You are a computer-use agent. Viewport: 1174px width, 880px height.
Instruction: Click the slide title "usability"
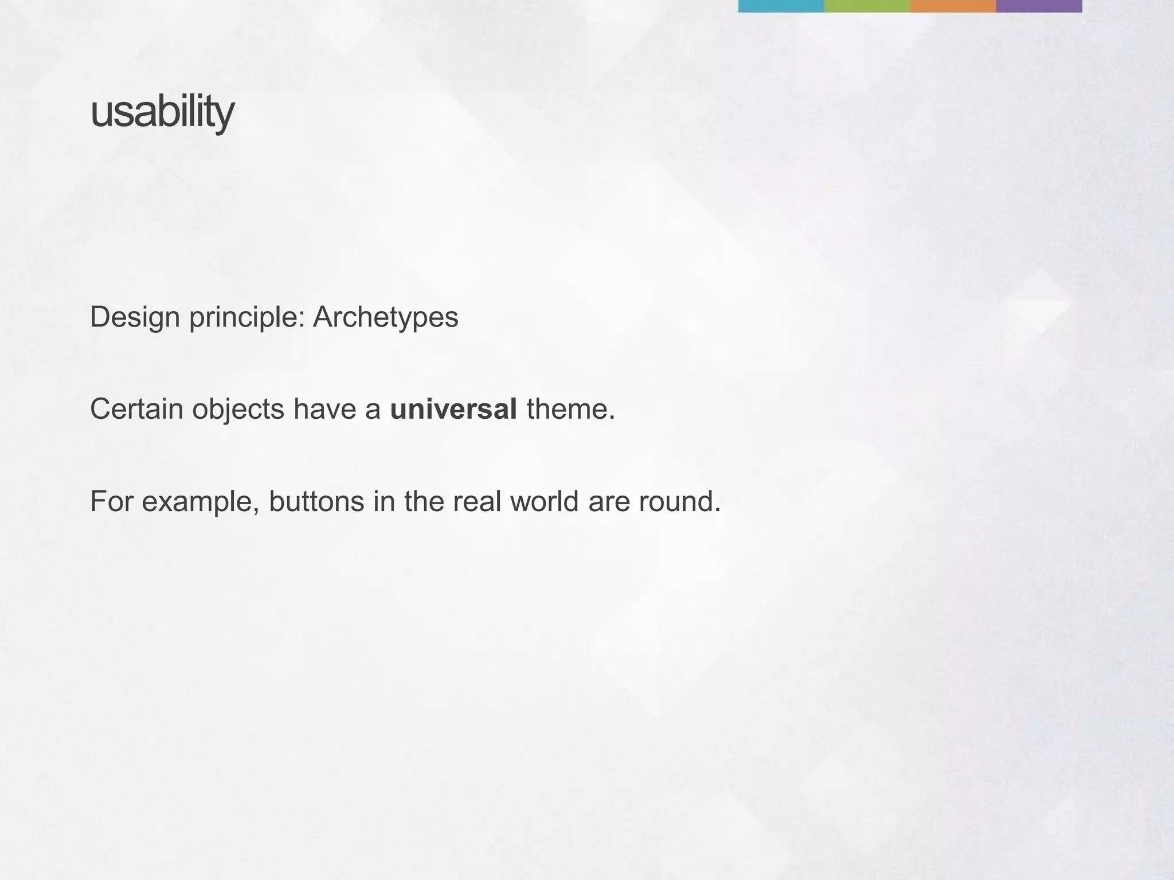162,113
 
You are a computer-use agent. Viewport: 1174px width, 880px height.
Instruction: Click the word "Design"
135,317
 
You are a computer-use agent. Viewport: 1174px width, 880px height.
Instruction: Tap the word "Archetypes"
385,317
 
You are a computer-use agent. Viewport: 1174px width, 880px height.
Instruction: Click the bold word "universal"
453,409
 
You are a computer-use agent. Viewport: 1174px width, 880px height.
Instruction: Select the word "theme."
570,409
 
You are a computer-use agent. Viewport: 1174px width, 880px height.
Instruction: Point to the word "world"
544,501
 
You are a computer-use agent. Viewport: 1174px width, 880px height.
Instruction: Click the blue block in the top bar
781,6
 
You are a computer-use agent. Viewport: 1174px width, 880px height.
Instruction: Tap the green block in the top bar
867,6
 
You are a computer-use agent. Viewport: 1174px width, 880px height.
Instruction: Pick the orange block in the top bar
953,6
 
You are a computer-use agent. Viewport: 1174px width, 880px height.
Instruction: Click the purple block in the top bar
1039,6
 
